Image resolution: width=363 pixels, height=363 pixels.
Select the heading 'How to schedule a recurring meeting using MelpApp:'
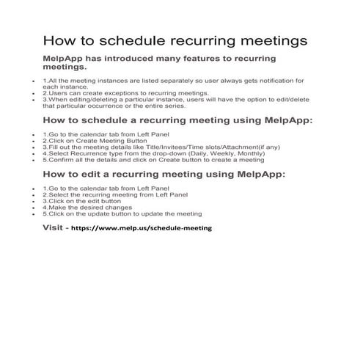coord(177,120)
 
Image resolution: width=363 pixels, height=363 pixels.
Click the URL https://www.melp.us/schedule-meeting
coord(142,228)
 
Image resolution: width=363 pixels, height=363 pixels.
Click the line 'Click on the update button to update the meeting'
coord(122,213)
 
